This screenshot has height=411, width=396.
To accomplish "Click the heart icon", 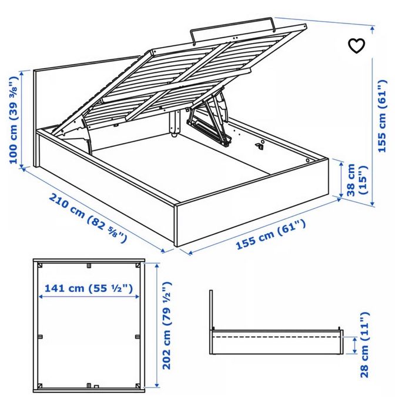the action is click(357, 46).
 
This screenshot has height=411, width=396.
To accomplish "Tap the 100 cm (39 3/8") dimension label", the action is click(14, 120).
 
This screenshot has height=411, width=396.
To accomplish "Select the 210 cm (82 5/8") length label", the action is click(88, 218).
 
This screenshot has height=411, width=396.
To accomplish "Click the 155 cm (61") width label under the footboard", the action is click(271, 234).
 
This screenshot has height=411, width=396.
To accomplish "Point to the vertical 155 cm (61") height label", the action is click(382, 116).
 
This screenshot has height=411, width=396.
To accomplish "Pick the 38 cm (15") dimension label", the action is click(357, 181).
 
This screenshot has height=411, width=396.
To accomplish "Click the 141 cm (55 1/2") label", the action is click(89, 288).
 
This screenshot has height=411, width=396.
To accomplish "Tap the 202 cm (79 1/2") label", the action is click(167, 326).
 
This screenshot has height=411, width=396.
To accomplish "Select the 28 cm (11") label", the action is click(364, 345).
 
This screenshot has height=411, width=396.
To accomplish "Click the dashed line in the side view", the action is click(276, 336).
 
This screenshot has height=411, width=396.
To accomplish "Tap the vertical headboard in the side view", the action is click(211, 322).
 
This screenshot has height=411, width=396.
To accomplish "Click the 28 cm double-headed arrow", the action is click(355, 345).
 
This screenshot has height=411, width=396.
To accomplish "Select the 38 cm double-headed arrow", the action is click(341, 179).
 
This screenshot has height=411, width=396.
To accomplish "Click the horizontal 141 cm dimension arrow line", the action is click(89, 297).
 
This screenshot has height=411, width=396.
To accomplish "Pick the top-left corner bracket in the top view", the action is click(40, 265).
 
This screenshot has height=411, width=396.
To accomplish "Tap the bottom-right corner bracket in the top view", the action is click(137, 386).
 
